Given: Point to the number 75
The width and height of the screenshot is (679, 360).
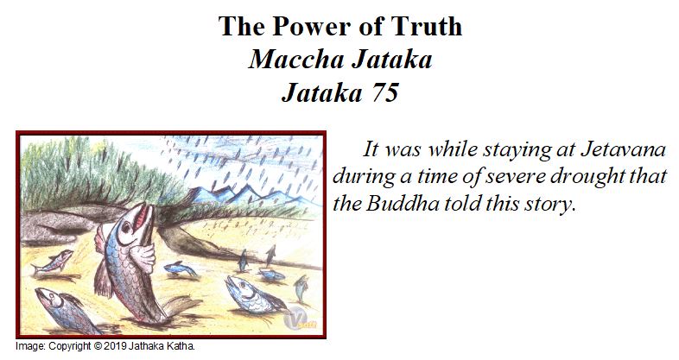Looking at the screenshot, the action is point(384,92).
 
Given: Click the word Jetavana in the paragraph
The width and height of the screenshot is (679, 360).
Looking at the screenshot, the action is point(622,149).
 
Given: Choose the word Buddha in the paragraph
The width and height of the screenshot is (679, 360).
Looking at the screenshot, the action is point(403,204).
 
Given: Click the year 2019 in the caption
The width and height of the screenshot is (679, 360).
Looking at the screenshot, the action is point(113,346).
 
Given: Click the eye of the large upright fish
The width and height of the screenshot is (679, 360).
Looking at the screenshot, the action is point(126,226).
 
